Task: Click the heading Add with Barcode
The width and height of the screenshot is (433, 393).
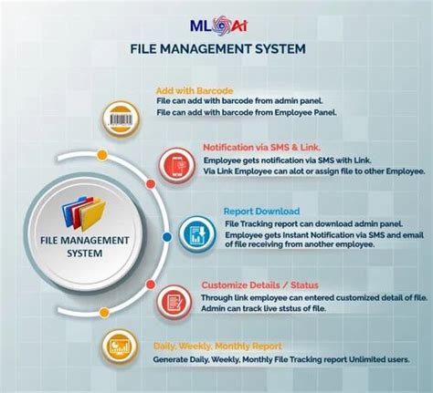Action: [195, 91]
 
